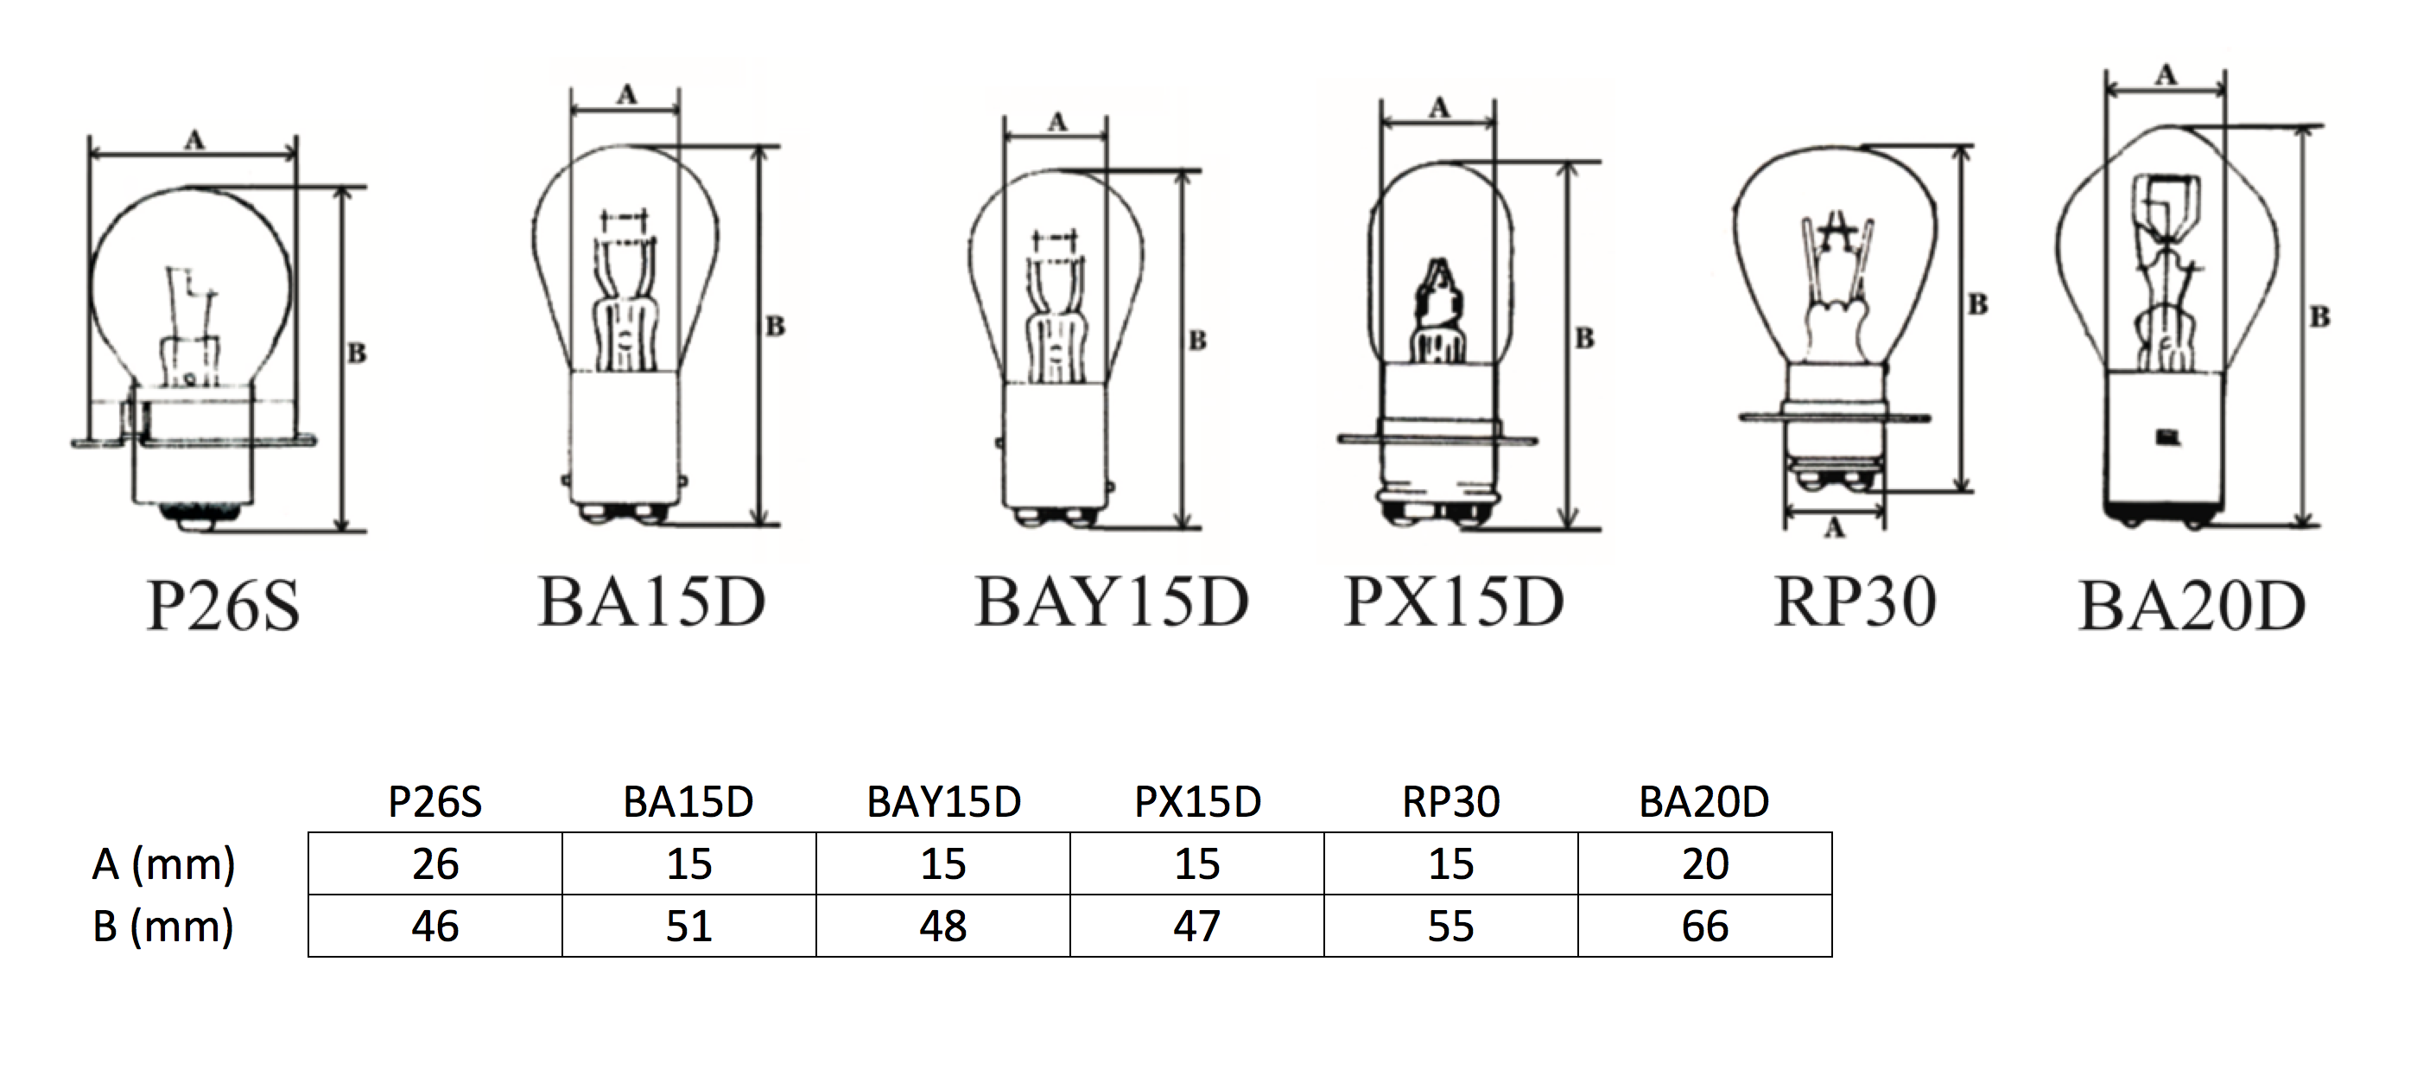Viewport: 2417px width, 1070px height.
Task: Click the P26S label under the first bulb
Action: coord(224,605)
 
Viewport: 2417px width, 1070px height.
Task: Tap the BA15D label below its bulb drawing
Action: coord(652,602)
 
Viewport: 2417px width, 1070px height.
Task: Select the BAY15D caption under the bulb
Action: coord(1112,602)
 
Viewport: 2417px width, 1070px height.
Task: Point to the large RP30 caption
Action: coord(1855,602)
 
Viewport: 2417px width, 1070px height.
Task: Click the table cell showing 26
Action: coord(435,863)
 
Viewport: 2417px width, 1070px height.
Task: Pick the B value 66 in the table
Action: coord(1705,927)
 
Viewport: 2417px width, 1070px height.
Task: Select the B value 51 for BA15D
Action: coord(688,927)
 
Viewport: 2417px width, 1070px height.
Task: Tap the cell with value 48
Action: coord(943,927)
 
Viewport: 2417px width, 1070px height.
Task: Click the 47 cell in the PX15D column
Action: coord(1197,927)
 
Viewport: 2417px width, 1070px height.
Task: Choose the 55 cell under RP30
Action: coord(1450,927)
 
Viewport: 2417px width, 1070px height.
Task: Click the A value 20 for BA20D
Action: coord(1705,863)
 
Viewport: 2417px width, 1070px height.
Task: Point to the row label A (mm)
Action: coord(163,863)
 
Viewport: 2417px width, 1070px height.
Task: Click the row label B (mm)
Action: coord(163,927)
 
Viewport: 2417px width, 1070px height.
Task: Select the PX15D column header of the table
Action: coord(1197,801)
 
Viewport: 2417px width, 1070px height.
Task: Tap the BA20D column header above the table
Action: coord(1704,801)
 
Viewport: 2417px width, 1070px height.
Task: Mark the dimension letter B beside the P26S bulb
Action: coord(357,353)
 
